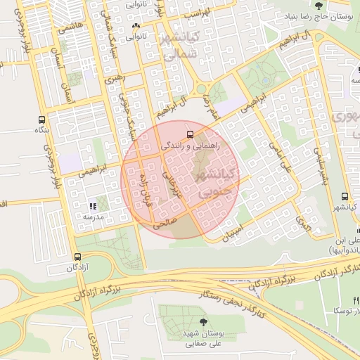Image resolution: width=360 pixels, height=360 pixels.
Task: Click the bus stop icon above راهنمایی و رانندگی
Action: pos(188,134)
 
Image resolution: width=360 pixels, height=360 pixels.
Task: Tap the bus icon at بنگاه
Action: pos(41,119)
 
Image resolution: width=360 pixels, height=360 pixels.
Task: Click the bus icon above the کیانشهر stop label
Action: pos(345,197)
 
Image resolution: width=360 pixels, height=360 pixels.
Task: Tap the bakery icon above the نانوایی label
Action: pos(135,26)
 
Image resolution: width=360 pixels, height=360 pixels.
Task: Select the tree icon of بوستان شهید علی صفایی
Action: pos(203,321)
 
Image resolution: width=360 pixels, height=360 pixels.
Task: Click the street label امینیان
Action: pos(236,230)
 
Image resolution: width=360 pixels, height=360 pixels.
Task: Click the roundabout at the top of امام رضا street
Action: pos(203,88)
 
